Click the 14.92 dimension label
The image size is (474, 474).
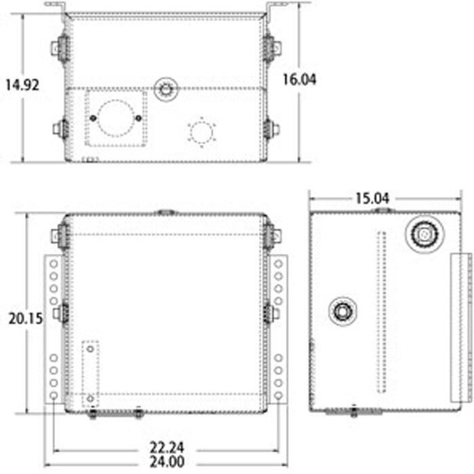point(22,85)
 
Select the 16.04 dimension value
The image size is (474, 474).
point(299,79)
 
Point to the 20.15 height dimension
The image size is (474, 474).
point(26,319)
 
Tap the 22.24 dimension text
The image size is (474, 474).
point(167,448)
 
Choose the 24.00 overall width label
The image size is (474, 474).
point(167,462)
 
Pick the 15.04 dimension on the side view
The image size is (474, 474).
point(372,198)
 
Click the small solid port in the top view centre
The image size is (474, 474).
point(166,89)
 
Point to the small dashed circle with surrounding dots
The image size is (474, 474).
point(202,133)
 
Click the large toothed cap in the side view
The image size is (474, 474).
point(425,234)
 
